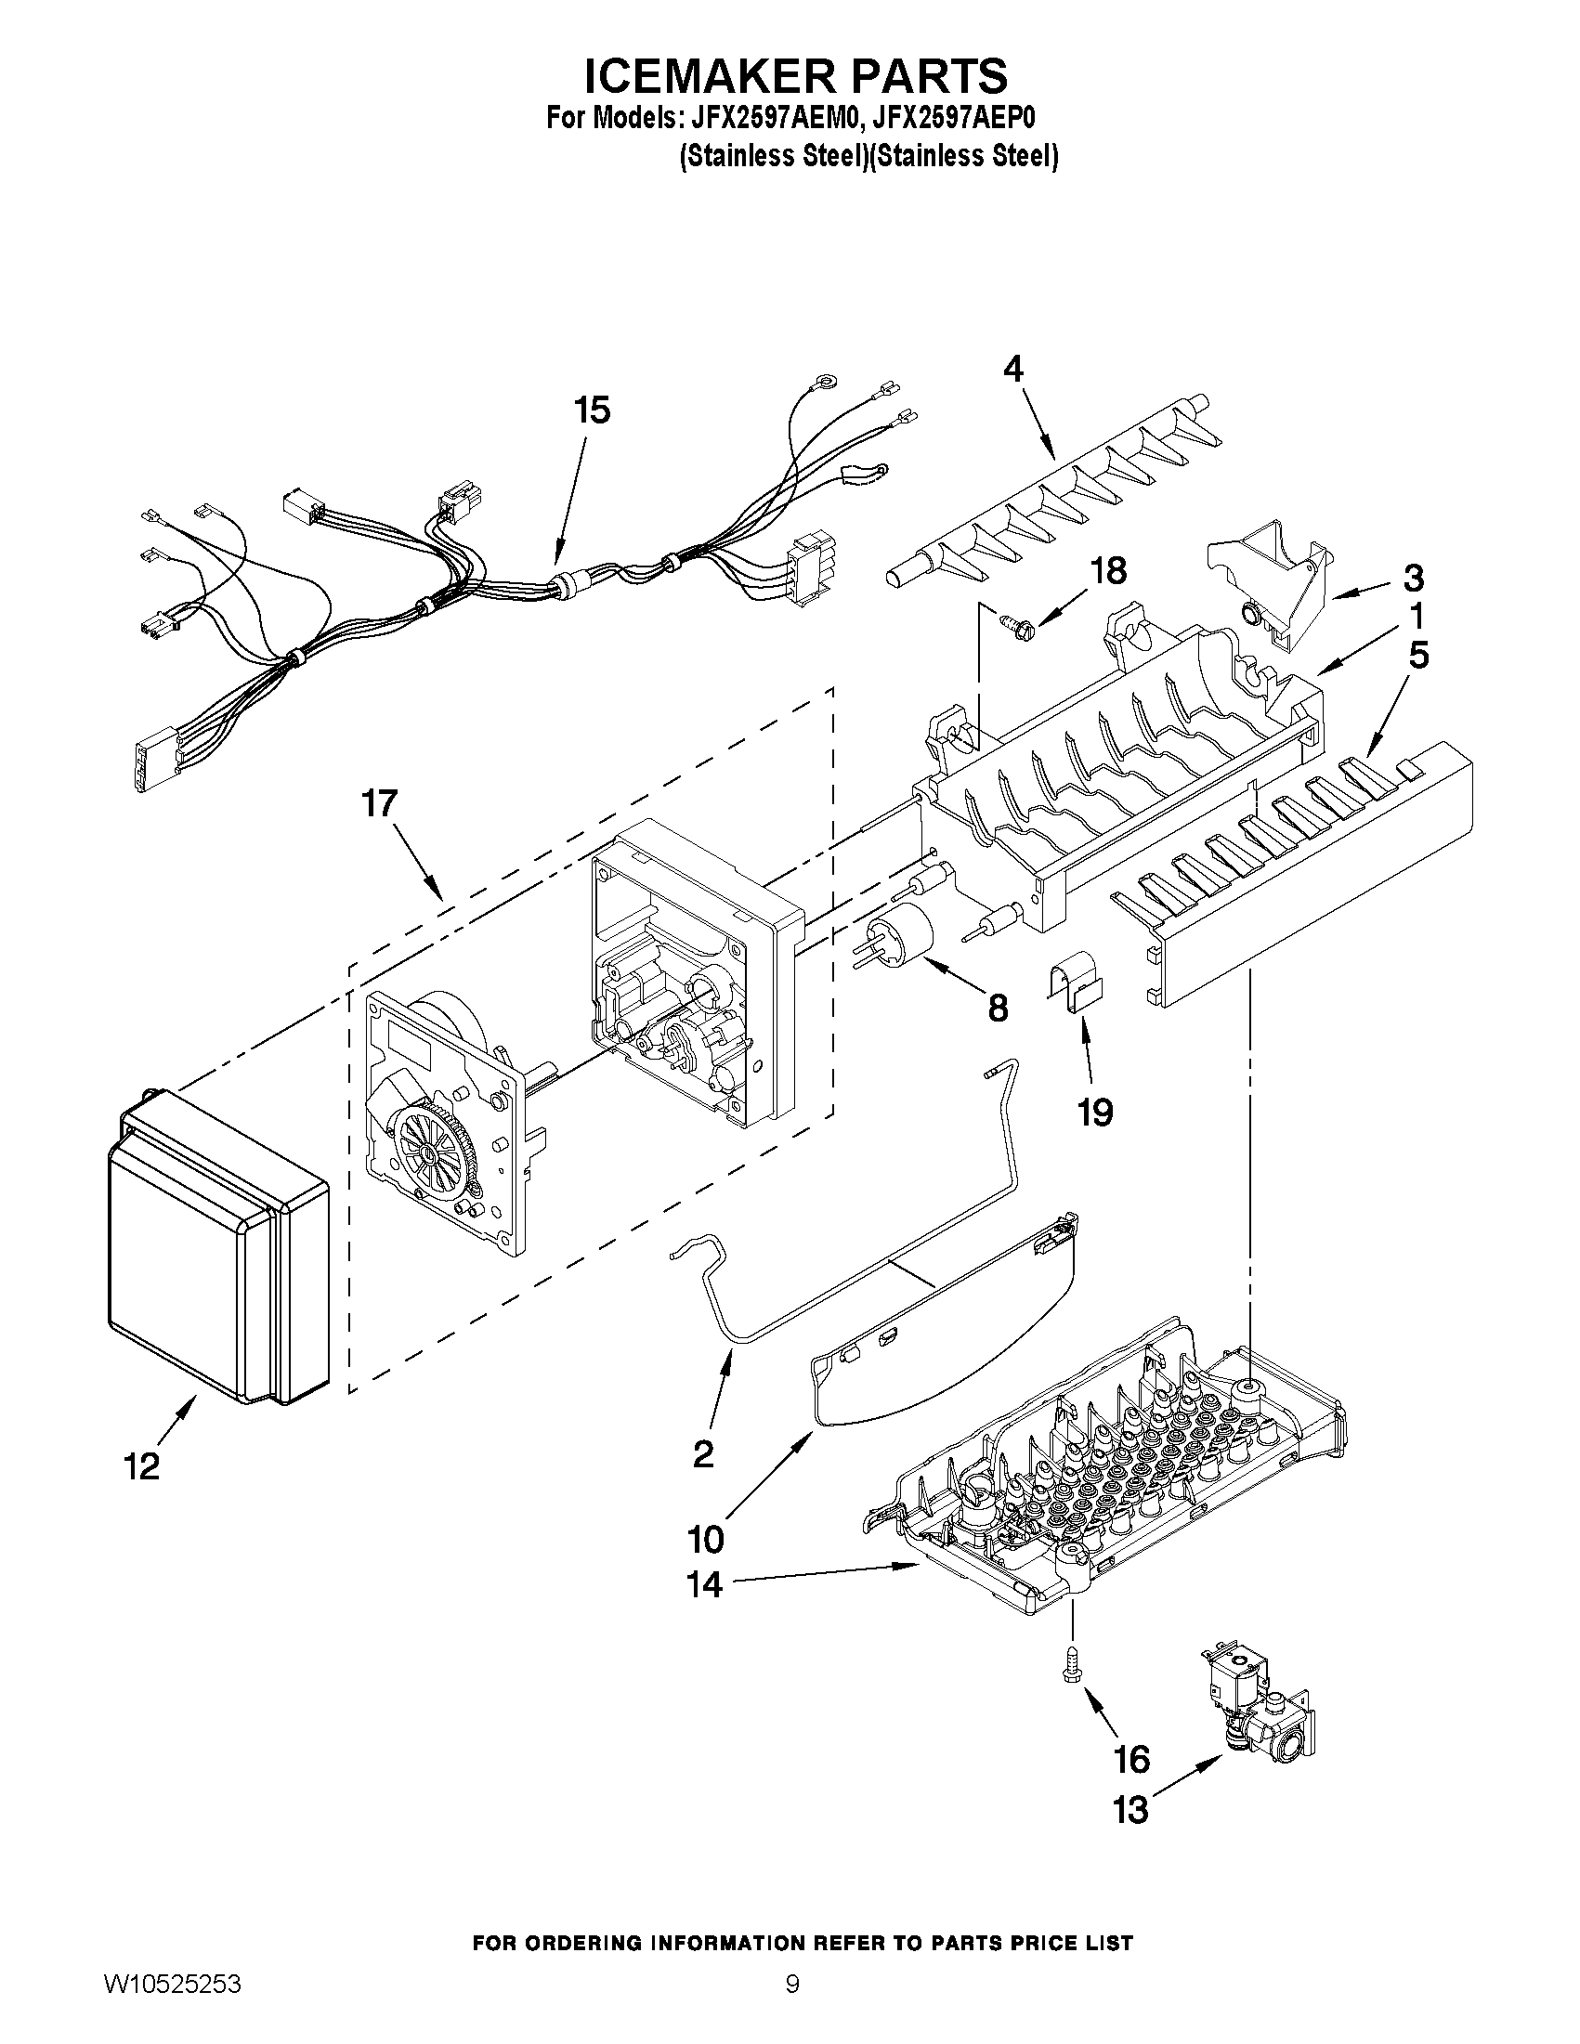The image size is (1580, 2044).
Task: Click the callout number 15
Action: point(592,410)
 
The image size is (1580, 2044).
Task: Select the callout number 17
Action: point(380,803)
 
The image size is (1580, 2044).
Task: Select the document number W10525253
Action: point(171,2007)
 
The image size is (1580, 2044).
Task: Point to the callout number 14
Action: point(704,1584)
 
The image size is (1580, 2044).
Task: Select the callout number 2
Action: point(703,1453)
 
